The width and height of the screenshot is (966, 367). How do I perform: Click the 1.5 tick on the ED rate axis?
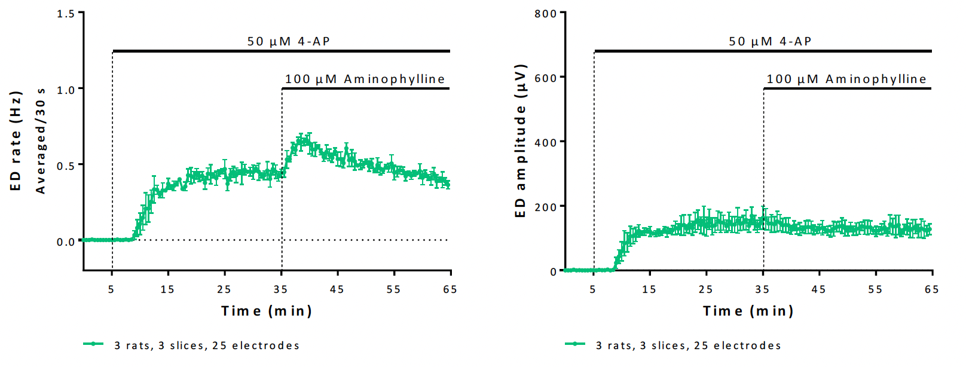pos(66,13)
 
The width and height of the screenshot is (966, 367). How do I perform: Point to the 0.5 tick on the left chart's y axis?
pos(66,166)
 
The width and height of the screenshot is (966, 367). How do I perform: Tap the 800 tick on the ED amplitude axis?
pos(546,13)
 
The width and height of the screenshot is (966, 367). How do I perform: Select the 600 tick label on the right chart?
pos(546,78)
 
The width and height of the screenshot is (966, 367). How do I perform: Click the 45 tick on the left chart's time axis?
pos(337,289)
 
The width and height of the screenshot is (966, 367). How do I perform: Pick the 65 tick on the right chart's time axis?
pos(931,289)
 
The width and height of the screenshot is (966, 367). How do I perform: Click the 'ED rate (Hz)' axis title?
pos(16,141)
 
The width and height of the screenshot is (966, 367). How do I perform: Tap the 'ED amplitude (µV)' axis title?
pos(521,141)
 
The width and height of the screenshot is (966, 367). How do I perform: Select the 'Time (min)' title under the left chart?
pos(267,311)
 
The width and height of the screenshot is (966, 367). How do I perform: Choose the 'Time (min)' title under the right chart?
pos(748,311)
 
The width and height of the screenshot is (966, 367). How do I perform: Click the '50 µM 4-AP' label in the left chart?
pos(289,41)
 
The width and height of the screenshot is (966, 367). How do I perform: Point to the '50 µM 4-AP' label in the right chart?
pos(770,41)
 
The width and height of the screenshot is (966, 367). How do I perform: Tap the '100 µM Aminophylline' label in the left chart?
pos(365,79)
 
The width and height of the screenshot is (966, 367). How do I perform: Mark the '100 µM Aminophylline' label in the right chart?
pos(846,79)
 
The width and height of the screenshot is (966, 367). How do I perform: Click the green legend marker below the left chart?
pos(93,344)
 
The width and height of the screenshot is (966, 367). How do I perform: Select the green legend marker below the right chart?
pos(575,344)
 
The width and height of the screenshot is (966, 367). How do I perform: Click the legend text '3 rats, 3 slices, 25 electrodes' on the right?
pos(689,345)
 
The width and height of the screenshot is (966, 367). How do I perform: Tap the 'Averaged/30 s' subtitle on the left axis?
pos(41,141)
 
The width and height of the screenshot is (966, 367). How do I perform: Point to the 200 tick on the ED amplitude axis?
pos(546,207)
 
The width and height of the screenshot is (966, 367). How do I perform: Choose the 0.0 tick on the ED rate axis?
pos(66,242)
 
